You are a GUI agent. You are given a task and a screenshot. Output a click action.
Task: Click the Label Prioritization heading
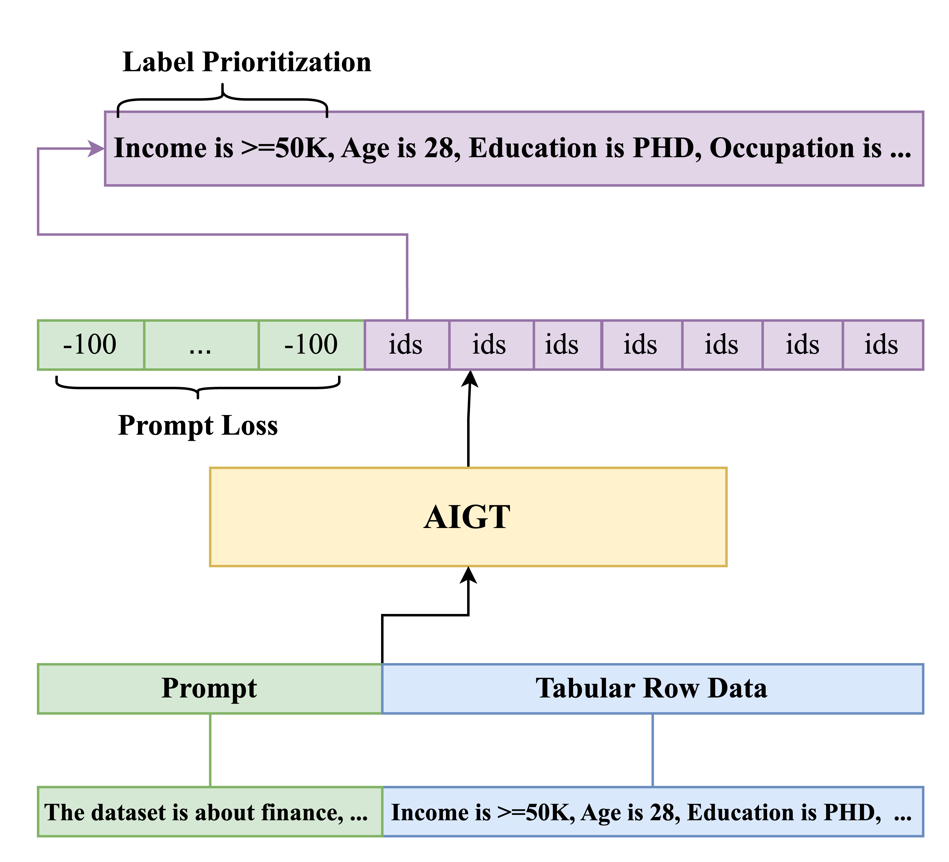(247, 62)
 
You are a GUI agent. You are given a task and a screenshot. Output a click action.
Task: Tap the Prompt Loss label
(198, 426)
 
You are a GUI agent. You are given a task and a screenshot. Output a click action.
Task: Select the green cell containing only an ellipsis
(201, 345)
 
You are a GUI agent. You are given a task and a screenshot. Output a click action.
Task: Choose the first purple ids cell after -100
(406, 345)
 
